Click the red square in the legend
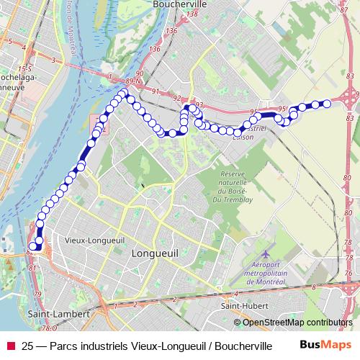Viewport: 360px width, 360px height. (10, 346)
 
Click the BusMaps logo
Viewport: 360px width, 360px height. (323, 345)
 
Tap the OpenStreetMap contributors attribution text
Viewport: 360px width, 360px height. (297, 323)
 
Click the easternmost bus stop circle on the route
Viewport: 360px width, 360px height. (327, 104)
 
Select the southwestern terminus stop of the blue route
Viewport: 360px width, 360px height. (32, 247)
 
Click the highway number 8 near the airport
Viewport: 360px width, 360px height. (313, 287)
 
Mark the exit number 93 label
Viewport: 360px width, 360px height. (199, 105)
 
